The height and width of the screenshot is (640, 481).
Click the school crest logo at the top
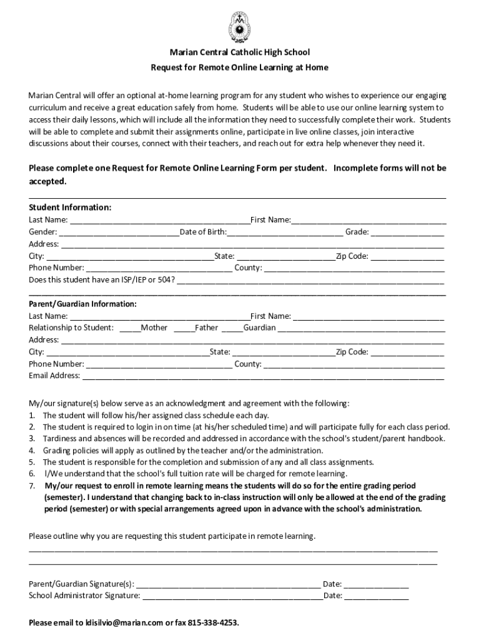240,25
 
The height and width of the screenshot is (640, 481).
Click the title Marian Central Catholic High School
240,52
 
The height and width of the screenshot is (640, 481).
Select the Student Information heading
70,207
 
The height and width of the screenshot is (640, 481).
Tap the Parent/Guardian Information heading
82,304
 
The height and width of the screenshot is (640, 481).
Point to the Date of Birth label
203,232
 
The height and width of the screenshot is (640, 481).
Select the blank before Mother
130,328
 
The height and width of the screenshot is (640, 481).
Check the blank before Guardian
232,328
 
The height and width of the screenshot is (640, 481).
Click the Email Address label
54,376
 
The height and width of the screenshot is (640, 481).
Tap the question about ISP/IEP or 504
102,279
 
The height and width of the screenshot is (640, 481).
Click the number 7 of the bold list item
32,486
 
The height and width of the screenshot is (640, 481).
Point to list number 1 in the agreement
32,415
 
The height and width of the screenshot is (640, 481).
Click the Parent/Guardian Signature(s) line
228,585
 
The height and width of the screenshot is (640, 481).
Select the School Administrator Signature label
84,596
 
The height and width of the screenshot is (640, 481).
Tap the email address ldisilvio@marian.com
124,623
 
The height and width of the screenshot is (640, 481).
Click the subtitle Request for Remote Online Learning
240,67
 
